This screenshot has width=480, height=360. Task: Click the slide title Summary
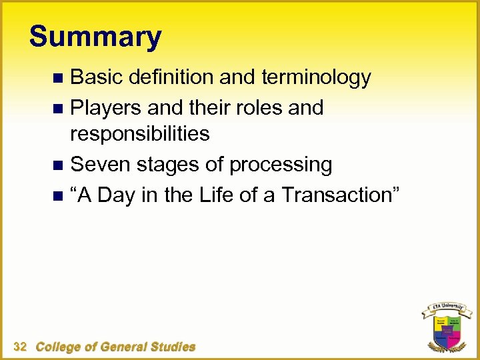(x=95, y=37)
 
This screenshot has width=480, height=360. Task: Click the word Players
(x=107, y=107)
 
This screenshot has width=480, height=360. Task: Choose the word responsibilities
(x=140, y=134)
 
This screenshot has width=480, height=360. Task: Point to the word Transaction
(x=337, y=195)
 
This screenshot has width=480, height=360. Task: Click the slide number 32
(x=20, y=346)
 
